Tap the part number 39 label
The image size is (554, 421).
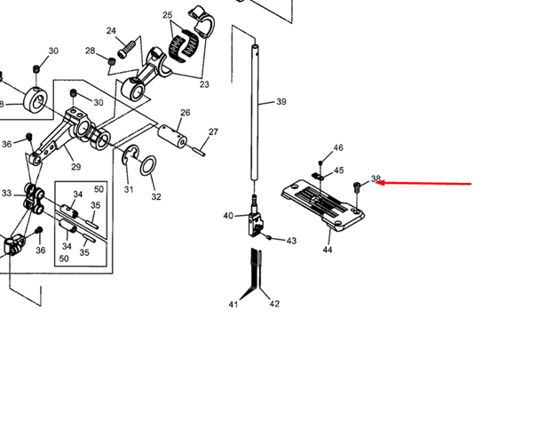(x=281, y=102)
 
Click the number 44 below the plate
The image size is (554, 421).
(x=328, y=250)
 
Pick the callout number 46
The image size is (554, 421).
(x=337, y=147)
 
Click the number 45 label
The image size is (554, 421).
(x=338, y=171)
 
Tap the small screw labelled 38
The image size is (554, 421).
(x=357, y=187)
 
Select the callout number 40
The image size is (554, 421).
(x=228, y=216)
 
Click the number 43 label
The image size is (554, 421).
(x=291, y=241)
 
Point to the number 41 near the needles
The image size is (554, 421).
(x=233, y=305)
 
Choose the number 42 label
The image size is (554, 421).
(x=274, y=304)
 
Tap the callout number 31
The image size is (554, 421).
(x=129, y=189)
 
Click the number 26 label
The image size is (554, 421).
(x=186, y=113)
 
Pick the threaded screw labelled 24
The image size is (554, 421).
(x=130, y=43)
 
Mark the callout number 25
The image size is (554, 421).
(x=168, y=15)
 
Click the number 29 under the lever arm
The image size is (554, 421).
(x=75, y=167)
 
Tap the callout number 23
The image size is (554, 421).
(x=204, y=85)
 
